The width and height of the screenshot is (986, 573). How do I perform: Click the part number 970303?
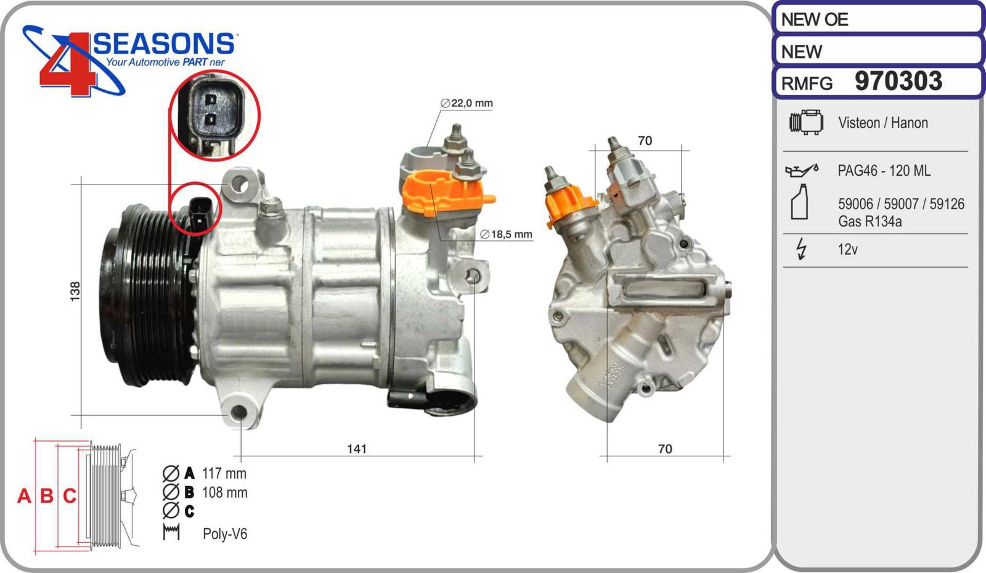click(898, 81)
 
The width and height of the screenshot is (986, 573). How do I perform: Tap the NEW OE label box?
click(878, 19)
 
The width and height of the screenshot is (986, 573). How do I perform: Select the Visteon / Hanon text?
click(882, 123)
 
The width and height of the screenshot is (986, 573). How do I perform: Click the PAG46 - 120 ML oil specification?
click(884, 170)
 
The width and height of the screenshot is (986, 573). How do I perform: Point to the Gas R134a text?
click(870, 221)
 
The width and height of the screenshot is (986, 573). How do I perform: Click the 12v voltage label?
click(847, 249)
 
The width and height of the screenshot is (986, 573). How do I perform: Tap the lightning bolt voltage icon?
click(802, 249)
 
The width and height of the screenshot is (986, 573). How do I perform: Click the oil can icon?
click(802, 170)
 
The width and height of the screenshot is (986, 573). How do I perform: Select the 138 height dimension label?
click(75, 291)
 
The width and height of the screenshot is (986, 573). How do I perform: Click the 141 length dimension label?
click(357, 448)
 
